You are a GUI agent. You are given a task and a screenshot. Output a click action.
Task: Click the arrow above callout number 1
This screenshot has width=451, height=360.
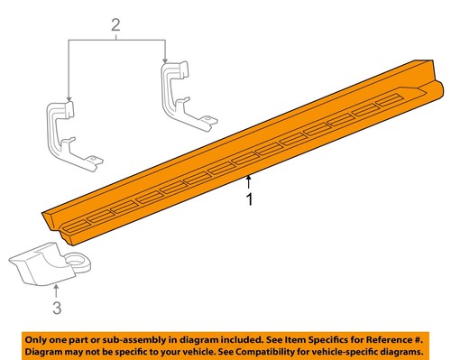pos(250,181)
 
